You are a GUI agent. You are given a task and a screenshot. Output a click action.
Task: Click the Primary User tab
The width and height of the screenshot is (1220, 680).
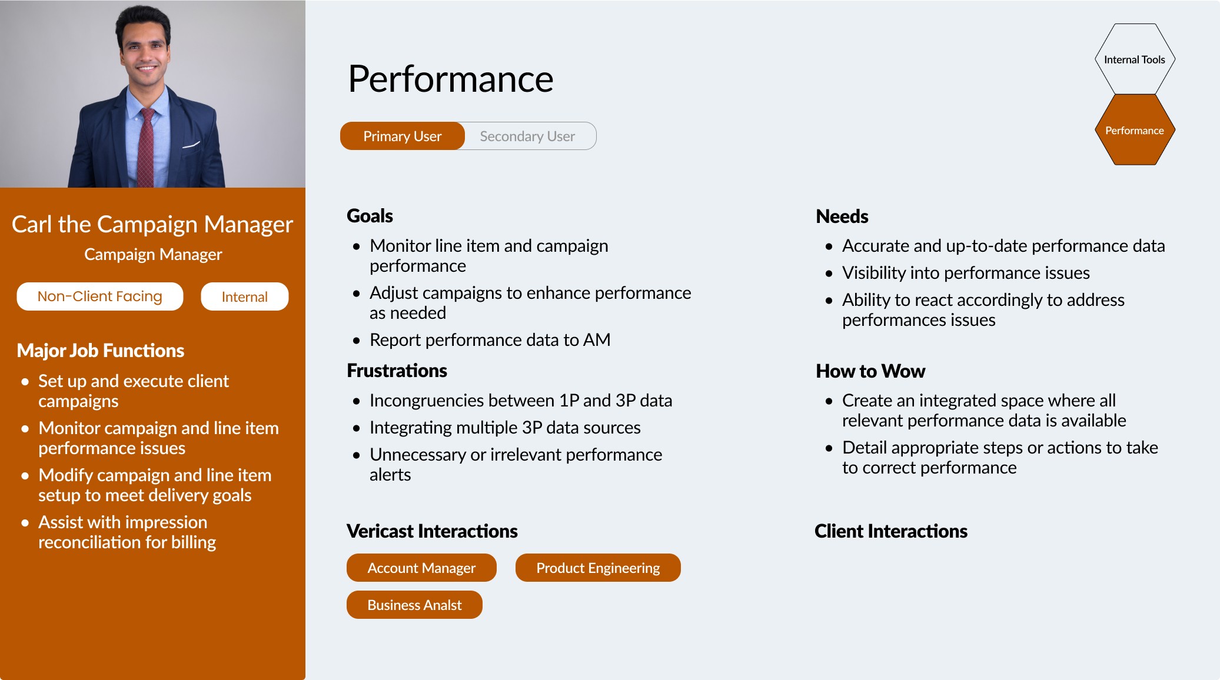403,136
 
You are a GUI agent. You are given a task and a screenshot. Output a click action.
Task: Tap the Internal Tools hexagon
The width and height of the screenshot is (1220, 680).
1135,59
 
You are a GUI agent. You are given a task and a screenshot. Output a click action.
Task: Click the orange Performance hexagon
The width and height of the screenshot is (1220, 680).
1135,130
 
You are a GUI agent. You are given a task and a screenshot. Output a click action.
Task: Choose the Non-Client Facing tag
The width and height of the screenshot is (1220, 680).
100,296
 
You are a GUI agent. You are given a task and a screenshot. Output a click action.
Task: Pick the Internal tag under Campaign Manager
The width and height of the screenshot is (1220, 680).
245,296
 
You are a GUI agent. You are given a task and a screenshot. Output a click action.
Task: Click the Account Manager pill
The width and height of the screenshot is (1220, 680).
421,568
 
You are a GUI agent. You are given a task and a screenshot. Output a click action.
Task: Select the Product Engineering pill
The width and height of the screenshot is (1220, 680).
598,568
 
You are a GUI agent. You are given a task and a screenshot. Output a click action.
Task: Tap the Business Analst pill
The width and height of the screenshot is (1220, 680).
414,605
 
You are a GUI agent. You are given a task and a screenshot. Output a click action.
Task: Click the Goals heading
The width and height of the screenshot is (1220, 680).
370,216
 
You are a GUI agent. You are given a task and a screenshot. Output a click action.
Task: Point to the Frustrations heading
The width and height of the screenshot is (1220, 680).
397,371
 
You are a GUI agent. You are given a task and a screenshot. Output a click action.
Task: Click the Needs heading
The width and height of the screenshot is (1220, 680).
842,216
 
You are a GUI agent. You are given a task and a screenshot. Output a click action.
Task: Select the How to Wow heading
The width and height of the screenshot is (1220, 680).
870,371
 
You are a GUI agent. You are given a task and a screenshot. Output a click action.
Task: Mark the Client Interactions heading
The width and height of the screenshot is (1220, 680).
891,531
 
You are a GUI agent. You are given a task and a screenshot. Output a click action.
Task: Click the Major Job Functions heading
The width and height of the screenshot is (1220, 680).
101,351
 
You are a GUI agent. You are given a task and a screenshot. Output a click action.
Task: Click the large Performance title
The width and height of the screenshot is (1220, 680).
451,79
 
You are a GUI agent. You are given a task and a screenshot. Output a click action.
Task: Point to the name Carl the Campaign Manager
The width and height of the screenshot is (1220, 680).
152,224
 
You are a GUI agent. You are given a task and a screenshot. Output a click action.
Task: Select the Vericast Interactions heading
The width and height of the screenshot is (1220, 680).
432,531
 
